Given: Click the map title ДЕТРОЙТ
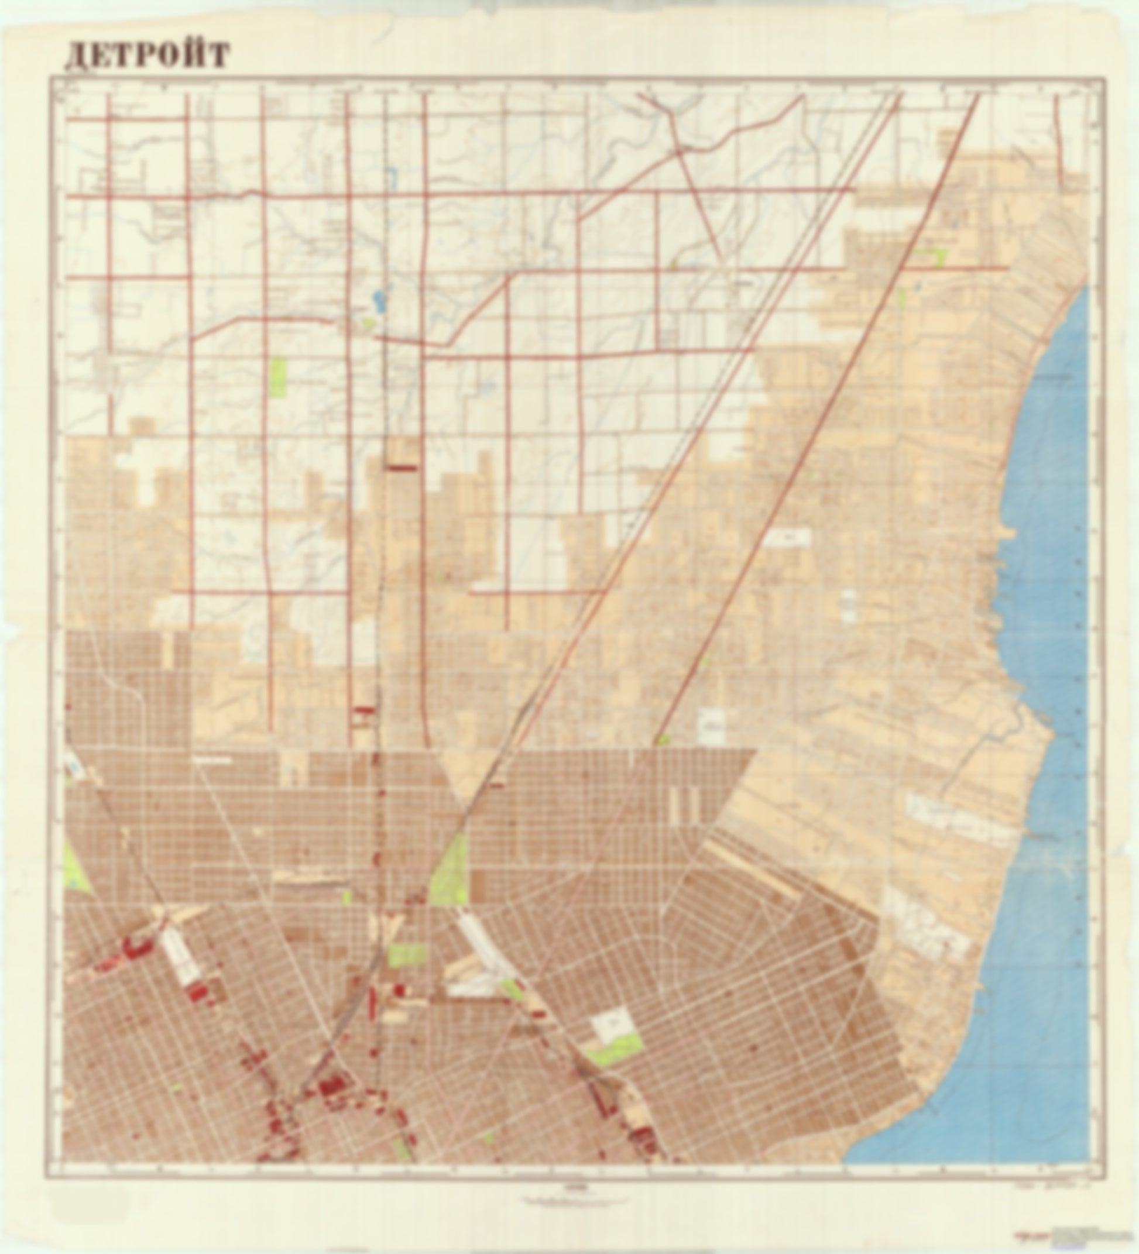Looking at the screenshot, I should pos(147,56).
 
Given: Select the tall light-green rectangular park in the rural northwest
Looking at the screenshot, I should pos(279,377).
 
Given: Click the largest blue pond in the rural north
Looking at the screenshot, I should pos(377,299).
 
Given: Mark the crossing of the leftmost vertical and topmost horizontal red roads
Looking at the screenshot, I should pos(108,118).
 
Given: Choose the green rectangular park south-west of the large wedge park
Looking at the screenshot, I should pos(407,954).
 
